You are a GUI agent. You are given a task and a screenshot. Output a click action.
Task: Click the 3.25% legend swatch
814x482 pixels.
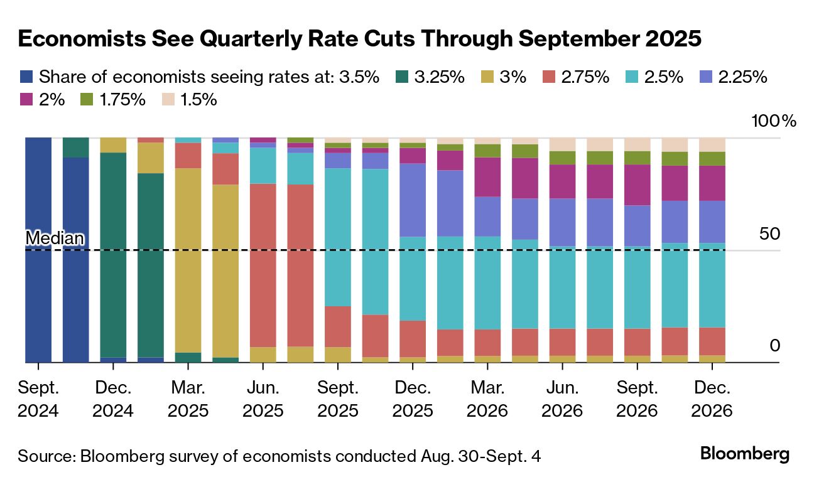(x=402, y=77)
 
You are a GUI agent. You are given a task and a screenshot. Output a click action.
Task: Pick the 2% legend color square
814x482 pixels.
(x=25, y=99)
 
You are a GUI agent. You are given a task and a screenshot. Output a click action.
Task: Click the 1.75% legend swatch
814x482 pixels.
(x=87, y=99)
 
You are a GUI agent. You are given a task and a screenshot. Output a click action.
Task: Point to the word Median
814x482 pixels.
(x=54, y=238)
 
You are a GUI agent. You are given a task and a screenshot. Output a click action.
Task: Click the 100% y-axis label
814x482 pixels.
(x=773, y=121)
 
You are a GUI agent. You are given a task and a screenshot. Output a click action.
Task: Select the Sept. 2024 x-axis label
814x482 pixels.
(x=38, y=399)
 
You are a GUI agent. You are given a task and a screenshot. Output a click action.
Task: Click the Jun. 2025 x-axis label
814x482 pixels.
(x=263, y=399)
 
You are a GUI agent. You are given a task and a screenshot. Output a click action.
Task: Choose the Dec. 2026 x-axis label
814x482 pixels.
(x=712, y=399)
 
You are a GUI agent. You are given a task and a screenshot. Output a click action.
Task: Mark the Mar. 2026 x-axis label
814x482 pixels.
(x=487, y=399)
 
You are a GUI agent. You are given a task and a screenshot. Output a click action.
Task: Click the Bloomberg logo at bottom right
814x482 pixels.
(x=744, y=454)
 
